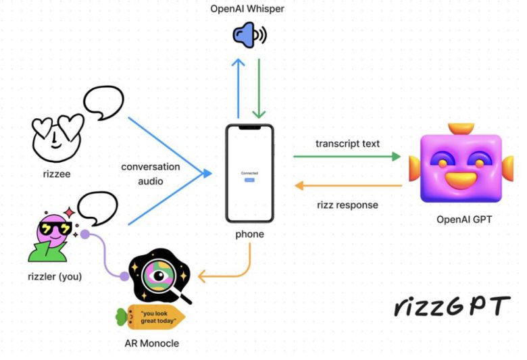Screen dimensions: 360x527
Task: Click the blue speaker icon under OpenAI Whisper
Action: (x=248, y=36)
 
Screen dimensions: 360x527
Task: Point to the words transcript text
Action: (x=347, y=143)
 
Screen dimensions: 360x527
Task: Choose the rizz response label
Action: (x=347, y=205)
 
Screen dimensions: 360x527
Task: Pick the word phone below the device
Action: (x=250, y=234)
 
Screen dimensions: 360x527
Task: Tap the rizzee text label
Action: (x=56, y=174)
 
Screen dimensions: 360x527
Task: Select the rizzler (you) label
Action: (x=55, y=276)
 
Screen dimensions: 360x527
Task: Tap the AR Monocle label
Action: (x=152, y=343)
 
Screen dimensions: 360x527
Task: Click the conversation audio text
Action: (x=151, y=174)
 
